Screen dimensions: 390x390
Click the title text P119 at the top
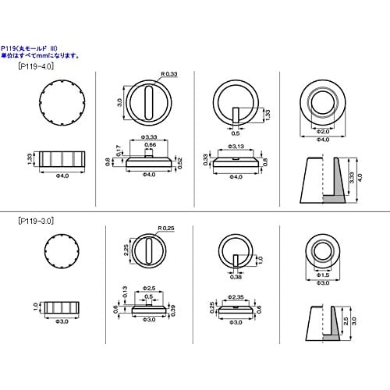[16, 48]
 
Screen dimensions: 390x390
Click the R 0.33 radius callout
[169, 74]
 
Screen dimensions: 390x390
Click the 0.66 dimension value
[148, 145]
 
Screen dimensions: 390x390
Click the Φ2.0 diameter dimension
[322, 132]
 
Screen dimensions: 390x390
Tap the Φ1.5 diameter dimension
[321, 275]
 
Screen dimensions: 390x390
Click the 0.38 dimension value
[236, 276]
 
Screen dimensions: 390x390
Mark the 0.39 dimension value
[174, 310]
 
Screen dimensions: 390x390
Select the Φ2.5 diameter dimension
[148, 289]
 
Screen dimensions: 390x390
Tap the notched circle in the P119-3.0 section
[58, 253]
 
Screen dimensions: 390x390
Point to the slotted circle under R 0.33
[148, 101]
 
